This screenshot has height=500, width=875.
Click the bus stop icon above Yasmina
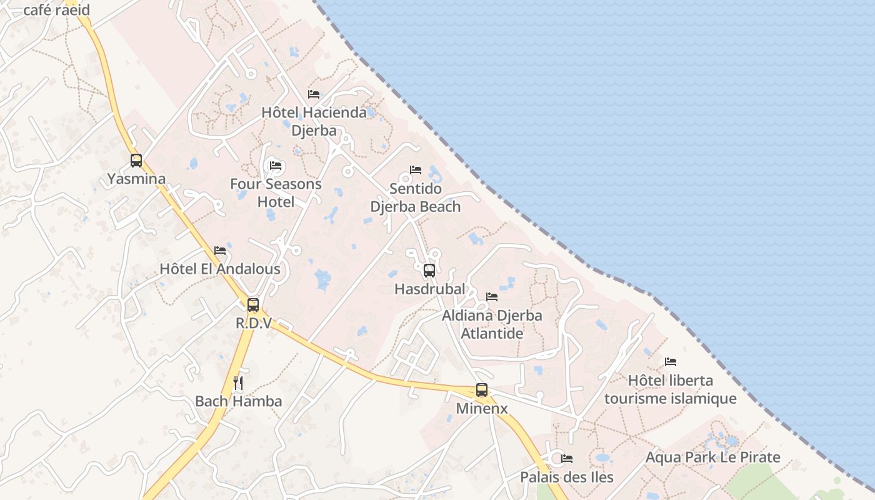pyautogui.click(x=136, y=161)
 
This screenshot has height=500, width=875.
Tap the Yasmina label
pyautogui.click(x=136, y=179)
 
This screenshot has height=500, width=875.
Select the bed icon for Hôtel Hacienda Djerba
pyautogui.click(x=314, y=94)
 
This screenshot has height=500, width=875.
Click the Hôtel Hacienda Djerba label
pyautogui.click(x=314, y=122)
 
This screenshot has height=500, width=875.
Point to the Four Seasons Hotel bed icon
pyautogui.click(x=276, y=166)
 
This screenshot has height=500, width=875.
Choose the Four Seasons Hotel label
pyautogui.click(x=276, y=193)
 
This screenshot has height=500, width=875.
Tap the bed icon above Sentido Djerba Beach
pyautogui.click(x=416, y=170)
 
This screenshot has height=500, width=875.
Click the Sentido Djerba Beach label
pyautogui.click(x=416, y=197)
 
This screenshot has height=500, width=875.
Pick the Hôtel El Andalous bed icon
pyautogui.click(x=220, y=251)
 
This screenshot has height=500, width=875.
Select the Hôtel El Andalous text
pyautogui.click(x=220, y=269)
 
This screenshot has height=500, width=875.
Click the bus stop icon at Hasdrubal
pyautogui.click(x=429, y=271)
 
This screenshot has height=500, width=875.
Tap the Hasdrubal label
pyautogui.click(x=429, y=289)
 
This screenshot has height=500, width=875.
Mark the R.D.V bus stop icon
pyautogui.click(x=253, y=305)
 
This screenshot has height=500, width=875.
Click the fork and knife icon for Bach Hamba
pyautogui.click(x=238, y=382)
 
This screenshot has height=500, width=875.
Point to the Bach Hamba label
pyautogui.click(x=238, y=401)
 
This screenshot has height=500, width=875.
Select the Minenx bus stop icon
pyautogui.click(x=482, y=390)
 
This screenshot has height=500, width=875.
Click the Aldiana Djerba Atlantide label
pyautogui.click(x=492, y=324)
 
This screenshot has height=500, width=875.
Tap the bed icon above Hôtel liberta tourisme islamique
pyautogui.click(x=671, y=362)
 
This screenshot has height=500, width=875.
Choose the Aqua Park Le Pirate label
pyautogui.click(x=712, y=457)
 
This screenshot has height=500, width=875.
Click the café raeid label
pyautogui.click(x=56, y=10)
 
